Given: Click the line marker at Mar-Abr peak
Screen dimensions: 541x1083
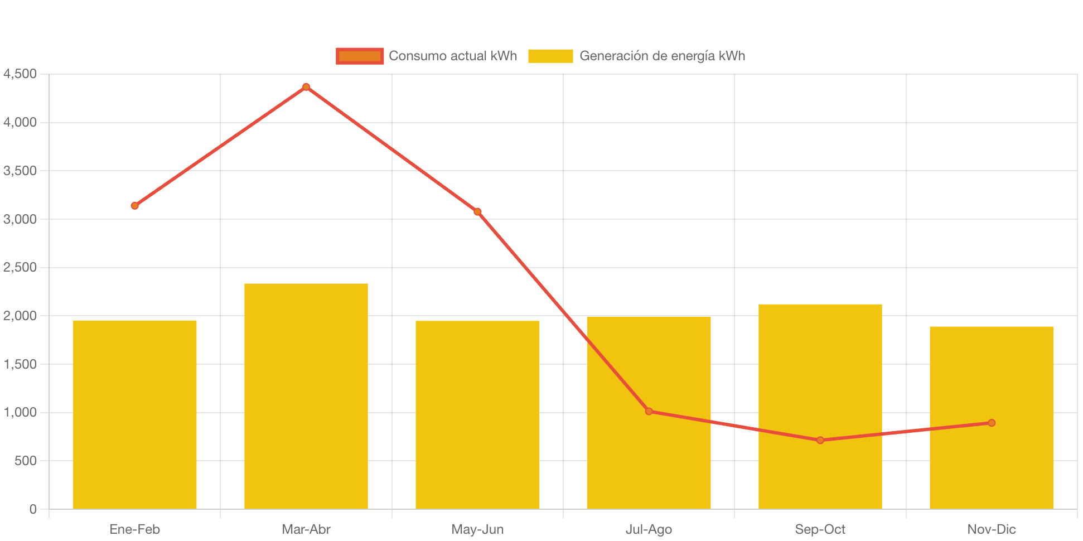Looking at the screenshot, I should click(306, 87).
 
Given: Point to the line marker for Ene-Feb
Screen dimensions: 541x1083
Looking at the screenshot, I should click(135, 206).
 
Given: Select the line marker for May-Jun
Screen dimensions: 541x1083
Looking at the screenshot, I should click(477, 212).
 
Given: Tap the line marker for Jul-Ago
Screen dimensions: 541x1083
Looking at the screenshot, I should click(649, 412).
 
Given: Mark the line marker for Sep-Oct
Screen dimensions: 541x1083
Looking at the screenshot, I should click(820, 440).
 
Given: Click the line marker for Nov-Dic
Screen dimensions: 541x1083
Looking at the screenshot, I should click(992, 423).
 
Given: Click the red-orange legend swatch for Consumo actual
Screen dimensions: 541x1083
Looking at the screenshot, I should click(360, 56).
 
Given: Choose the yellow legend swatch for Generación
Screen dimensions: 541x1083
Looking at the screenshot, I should click(550, 56).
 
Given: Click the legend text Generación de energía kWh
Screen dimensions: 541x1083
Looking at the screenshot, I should click(662, 56).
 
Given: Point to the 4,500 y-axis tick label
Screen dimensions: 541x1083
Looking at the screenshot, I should click(20, 74).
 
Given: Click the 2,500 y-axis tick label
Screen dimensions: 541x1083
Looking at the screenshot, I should click(20, 267).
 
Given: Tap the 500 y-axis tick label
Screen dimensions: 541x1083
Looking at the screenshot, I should click(26, 461).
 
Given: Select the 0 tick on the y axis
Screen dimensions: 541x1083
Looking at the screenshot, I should click(33, 509).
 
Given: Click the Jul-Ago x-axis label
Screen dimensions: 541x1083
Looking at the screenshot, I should click(649, 529).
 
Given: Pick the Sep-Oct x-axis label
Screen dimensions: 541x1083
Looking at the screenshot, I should click(820, 529).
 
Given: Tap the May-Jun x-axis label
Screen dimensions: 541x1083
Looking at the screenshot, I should click(477, 529).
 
